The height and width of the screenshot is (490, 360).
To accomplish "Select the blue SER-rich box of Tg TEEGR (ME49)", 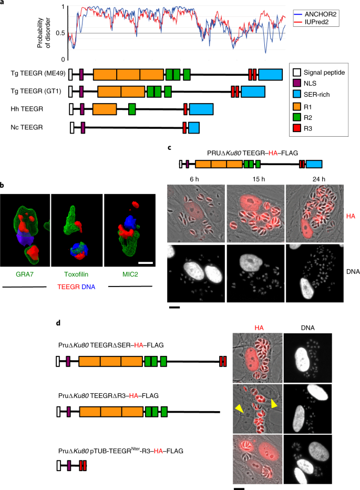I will pos(270,74).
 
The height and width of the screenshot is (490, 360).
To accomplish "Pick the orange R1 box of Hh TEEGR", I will pos(105,109).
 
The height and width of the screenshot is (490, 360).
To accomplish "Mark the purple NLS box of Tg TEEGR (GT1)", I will pos(81,91).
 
